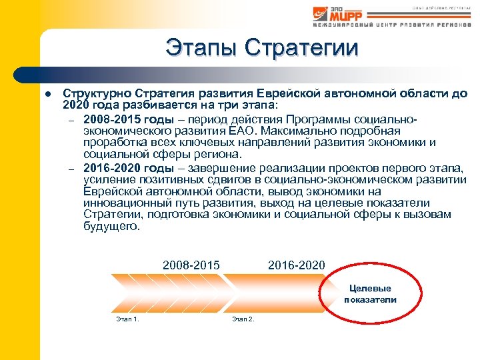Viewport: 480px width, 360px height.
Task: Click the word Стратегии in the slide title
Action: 301,47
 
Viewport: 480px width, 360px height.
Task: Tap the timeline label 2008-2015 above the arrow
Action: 191,265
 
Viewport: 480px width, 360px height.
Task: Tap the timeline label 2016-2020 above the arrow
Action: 296,265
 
